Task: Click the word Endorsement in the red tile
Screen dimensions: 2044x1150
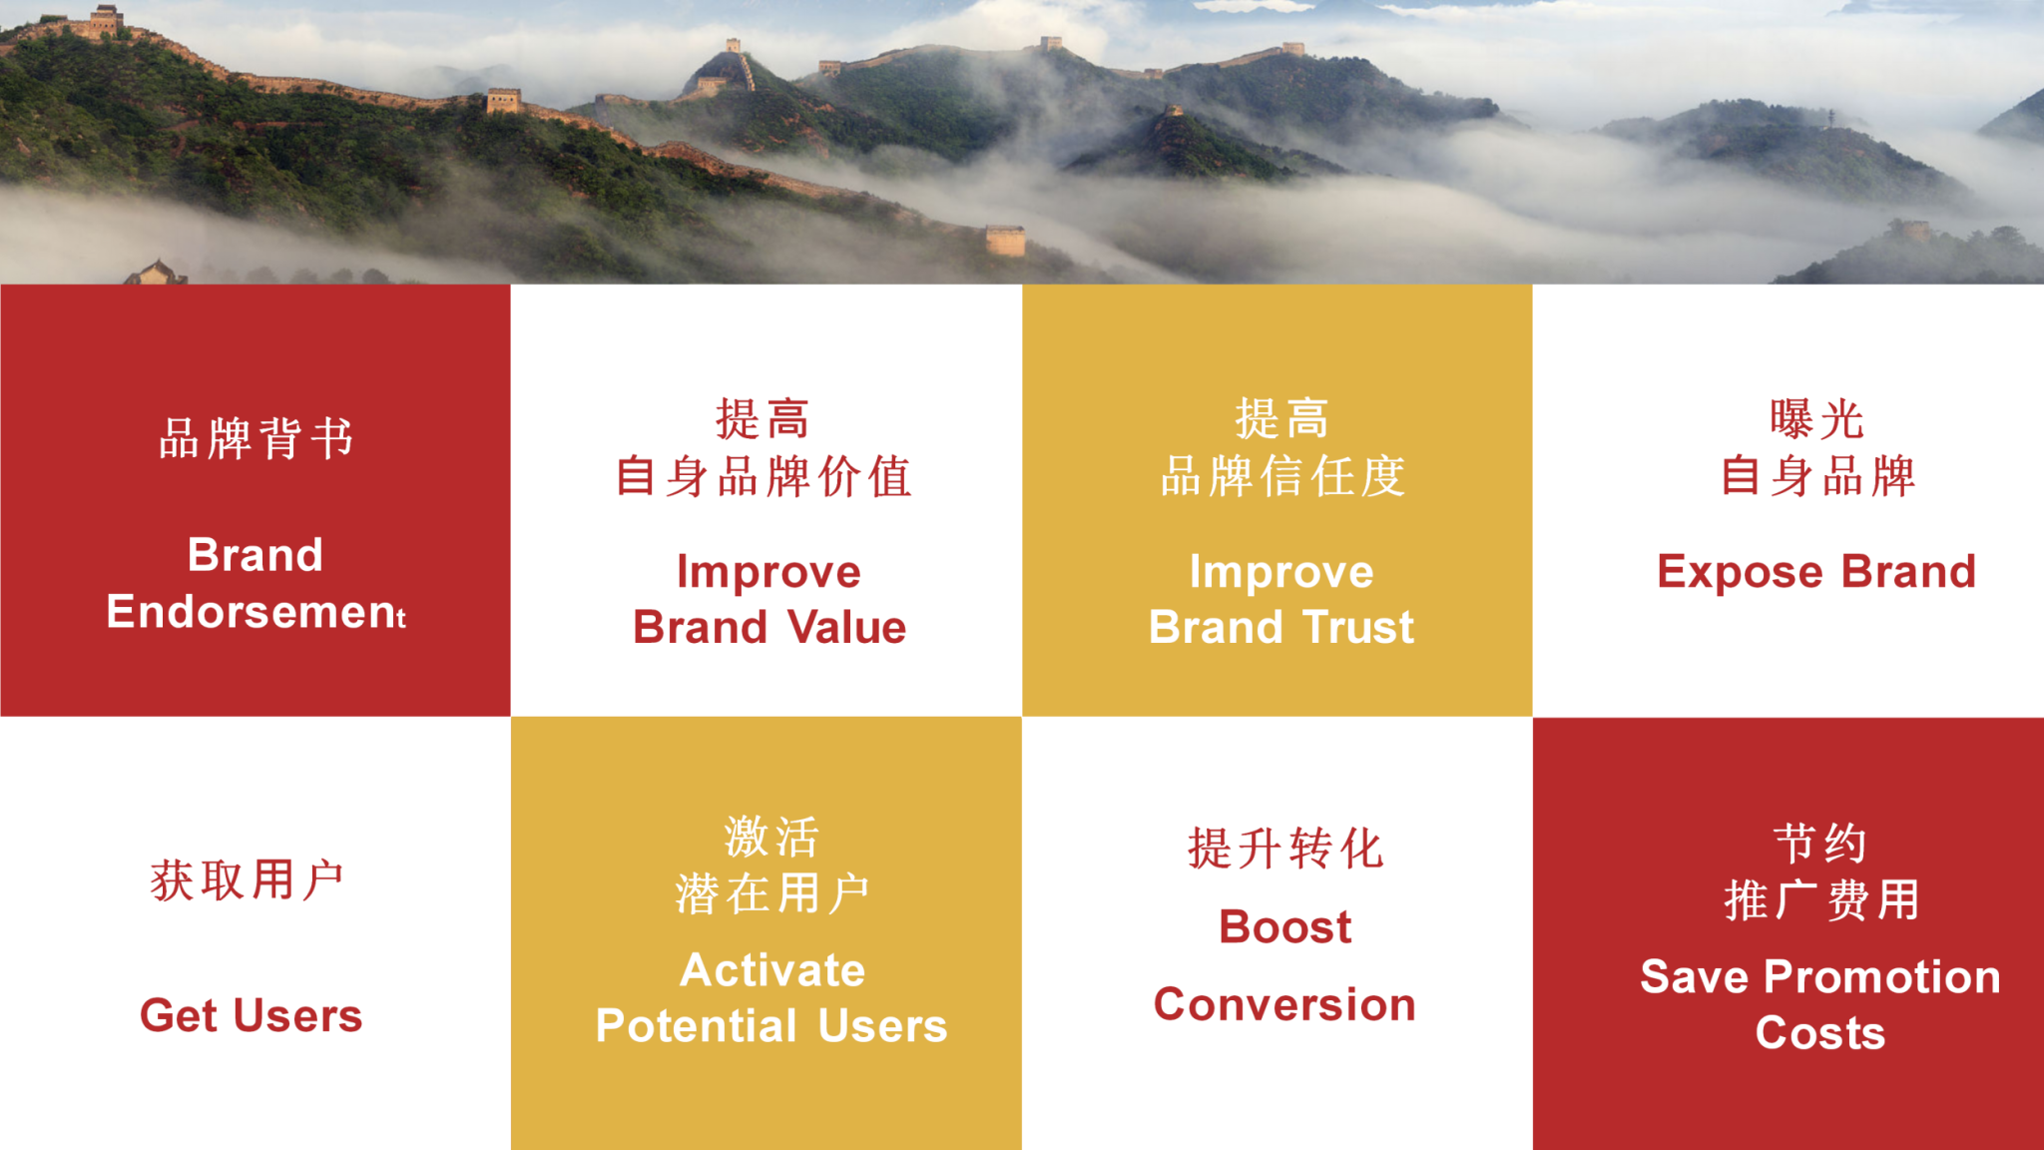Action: pos(255,611)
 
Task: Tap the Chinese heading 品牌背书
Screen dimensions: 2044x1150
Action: pos(256,438)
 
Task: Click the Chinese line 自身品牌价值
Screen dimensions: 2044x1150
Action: pos(764,476)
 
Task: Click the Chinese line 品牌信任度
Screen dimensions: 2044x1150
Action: pos(1282,476)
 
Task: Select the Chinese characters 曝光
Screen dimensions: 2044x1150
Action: pos(1816,419)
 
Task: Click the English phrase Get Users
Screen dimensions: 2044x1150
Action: pos(251,1015)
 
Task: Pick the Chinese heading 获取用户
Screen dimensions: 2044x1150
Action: pos(248,880)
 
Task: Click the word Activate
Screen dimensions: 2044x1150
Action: pos(772,970)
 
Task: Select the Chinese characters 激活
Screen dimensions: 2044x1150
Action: pos(771,837)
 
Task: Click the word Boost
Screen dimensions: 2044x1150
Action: pos(1285,927)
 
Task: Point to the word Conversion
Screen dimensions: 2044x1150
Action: pos(1284,1004)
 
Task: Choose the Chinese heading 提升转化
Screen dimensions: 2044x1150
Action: pos(1285,849)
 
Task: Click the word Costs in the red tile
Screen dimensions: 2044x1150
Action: pos(1820,1032)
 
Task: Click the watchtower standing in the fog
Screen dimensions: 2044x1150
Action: pos(1005,240)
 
